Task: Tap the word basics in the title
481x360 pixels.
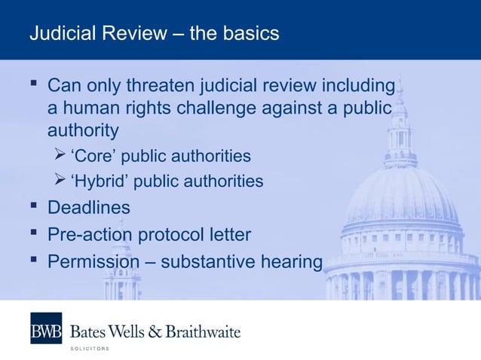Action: click(x=252, y=34)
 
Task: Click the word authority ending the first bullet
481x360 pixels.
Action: click(x=83, y=130)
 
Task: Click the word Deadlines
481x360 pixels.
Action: click(x=88, y=207)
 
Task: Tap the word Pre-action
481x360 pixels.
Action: click(x=91, y=234)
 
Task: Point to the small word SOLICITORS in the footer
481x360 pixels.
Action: click(x=90, y=349)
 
